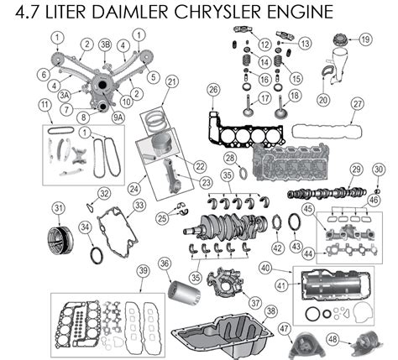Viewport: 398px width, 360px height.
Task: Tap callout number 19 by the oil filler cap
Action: coord(365,39)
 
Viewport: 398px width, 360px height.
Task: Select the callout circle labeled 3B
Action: coord(105,44)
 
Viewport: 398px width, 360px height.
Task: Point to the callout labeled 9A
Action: coord(118,117)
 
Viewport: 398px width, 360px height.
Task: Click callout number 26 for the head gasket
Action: coord(213,90)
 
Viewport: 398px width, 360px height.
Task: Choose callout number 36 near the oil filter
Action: coord(165,263)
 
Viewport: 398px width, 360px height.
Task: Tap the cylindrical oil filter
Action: coord(184,292)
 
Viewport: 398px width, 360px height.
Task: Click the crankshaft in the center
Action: coord(225,226)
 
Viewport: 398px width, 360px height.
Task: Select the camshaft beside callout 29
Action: coord(327,193)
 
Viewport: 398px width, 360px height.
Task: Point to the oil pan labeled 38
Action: coord(223,334)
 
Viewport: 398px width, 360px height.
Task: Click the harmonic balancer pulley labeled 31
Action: coord(60,240)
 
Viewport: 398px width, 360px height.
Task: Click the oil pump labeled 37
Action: coord(225,283)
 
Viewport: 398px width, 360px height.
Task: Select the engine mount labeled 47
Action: coord(306,347)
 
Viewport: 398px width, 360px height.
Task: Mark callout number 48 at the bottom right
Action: coord(333,339)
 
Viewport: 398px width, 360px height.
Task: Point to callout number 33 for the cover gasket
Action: coord(139,205)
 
